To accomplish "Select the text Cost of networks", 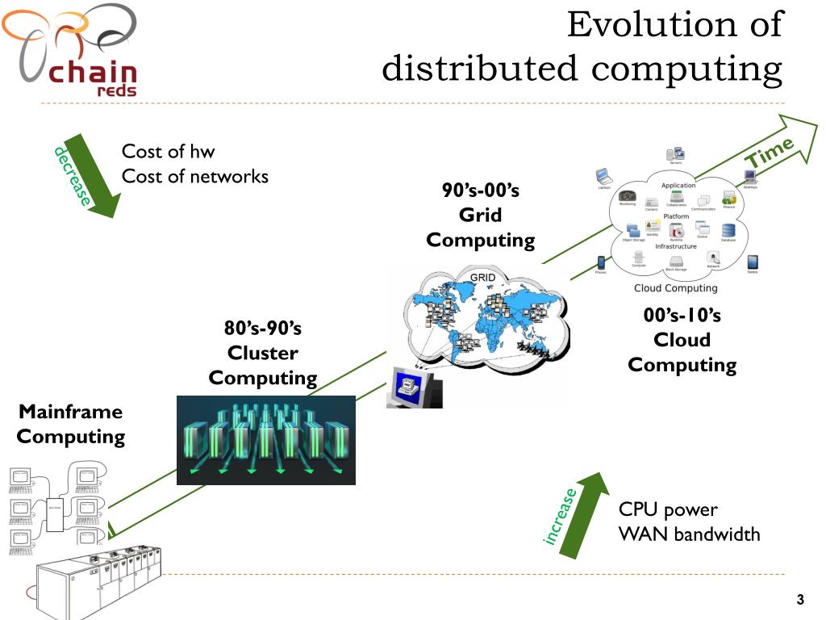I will (194, 176).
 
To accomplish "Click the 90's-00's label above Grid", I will (480, 191).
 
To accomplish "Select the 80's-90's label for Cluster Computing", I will (262, 328).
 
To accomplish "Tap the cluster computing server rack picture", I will (265, 440).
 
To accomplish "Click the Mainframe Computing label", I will (71, 424).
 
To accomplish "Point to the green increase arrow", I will (581, 517).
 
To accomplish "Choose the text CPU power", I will (668, 509).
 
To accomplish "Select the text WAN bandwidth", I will (689, 534).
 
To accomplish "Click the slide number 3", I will (800, 599).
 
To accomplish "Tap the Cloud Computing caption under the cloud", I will (675, 288).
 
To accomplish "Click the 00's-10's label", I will (682, 315).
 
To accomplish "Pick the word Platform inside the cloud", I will (676, 216).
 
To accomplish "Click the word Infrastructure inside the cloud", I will (676, 246).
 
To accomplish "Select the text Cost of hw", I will (168, 151).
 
